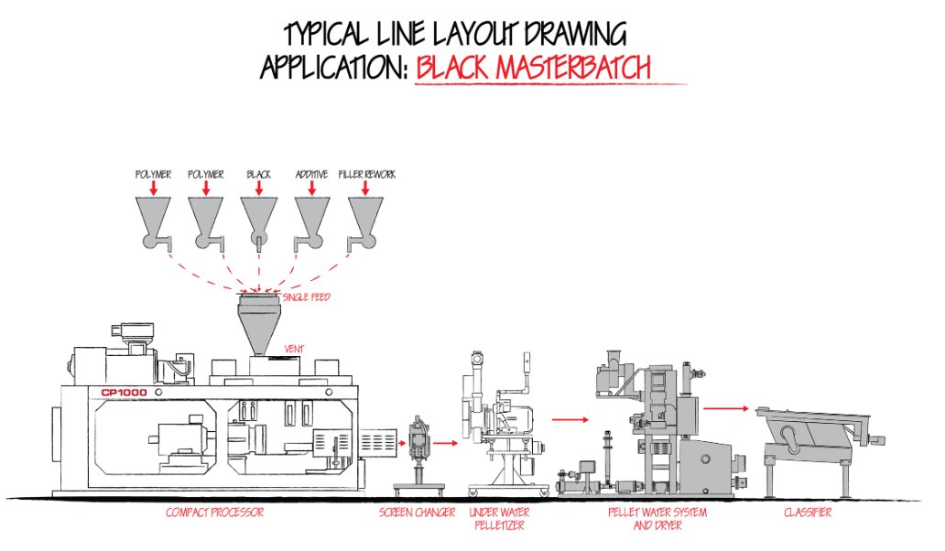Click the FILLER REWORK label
click(x=366, y=174)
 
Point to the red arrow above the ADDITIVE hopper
click(x=311, y=189)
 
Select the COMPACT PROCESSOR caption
click(x=214, y=513)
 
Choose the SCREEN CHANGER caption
click(x=417, y=513)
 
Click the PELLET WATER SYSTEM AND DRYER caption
click(x=645, y=519)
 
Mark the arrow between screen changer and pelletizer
click(x=446, y=443)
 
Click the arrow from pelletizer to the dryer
click(x=570, y=419)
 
